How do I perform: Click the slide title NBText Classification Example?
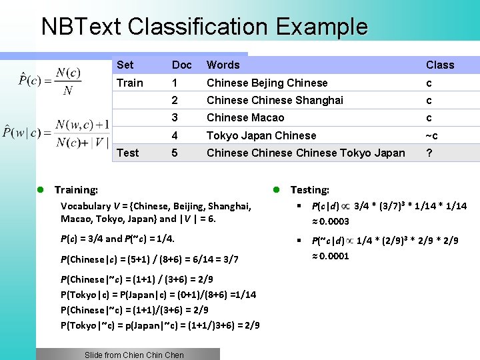(204, 27)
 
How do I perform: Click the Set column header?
(125, 65)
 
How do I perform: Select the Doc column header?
(181, 65)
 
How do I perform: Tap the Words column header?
(223, 65)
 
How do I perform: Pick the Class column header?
(440, 65)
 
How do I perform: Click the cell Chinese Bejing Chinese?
(267, 83)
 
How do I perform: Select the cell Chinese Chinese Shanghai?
(275, 100)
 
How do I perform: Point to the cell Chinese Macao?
(245, 117)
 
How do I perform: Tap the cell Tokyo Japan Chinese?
(261, 135)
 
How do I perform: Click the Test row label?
(127, 153)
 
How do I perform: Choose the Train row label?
(129, 83)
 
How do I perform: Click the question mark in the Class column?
(429, 153)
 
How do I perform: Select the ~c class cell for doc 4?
(432, 135)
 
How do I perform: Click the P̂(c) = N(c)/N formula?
(50, 81)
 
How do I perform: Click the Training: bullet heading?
(75, 190)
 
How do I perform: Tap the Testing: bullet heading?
(309, 190)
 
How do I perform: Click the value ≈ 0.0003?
(331, 221)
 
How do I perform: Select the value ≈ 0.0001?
(331, 255)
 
